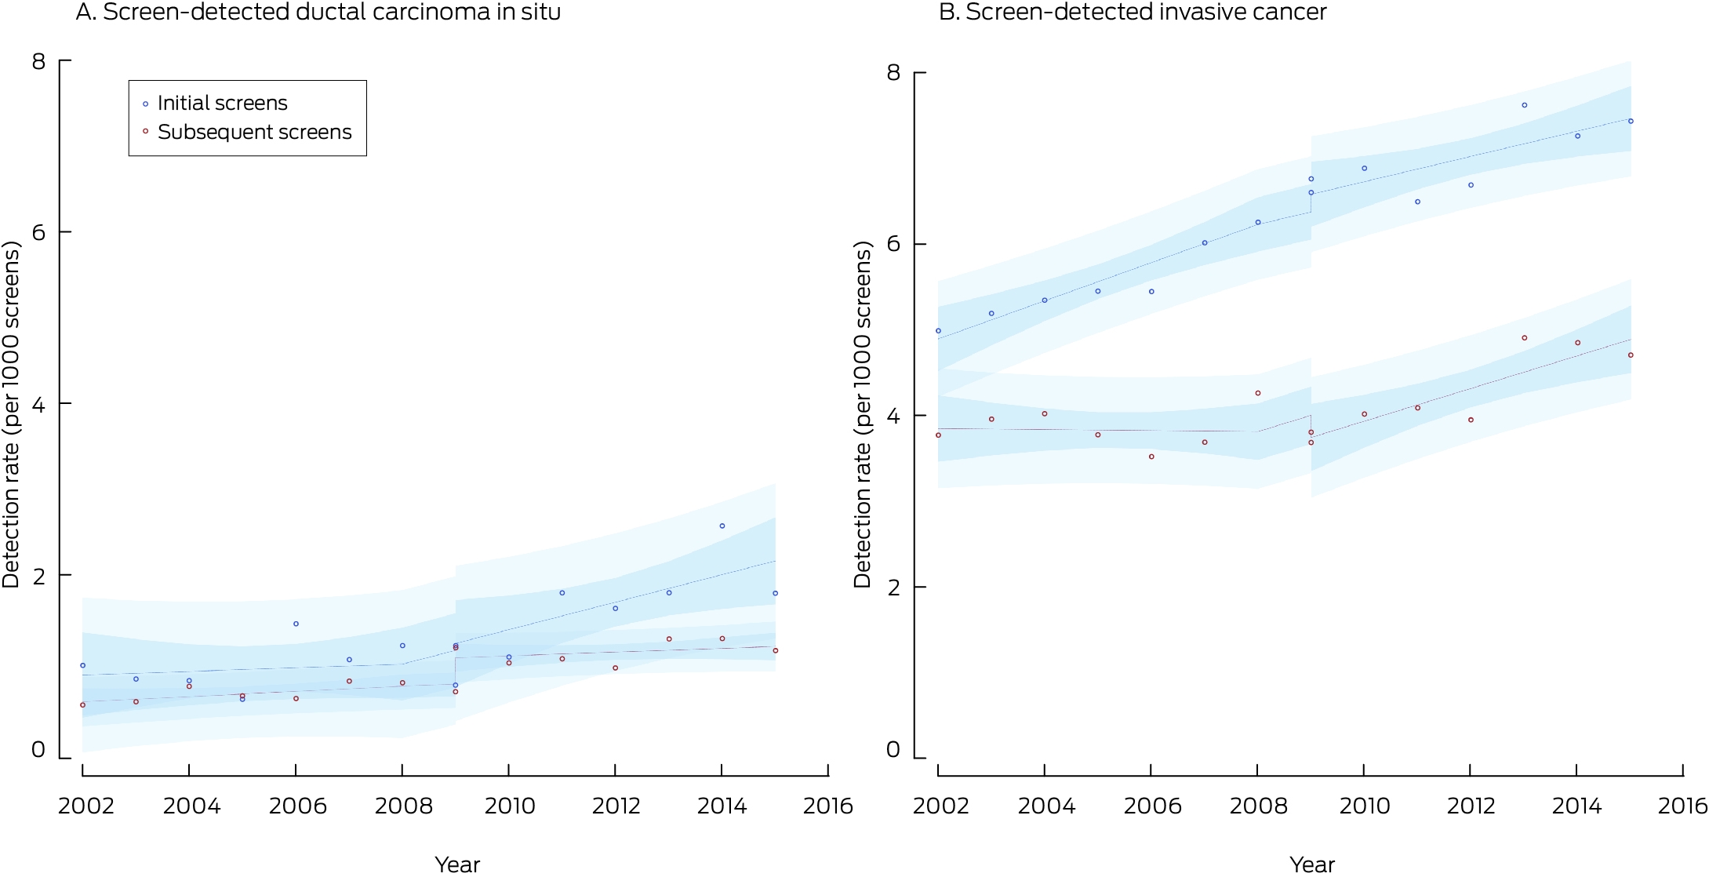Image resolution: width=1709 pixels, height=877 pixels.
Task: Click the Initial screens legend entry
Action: click(215, 103)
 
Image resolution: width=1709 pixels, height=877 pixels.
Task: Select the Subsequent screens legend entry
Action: click(247, 132)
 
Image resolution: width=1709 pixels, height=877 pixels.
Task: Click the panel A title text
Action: click(318, 12)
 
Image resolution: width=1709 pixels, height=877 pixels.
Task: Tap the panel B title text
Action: click(1133, 12)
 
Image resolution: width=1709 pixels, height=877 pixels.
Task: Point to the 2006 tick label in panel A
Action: click(298, 806)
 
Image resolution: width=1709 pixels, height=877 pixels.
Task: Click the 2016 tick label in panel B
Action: click(1682, 806)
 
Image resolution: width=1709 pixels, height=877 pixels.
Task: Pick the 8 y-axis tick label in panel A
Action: click(38, 61)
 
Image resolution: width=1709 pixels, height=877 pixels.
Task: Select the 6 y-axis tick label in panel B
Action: click(893, 244)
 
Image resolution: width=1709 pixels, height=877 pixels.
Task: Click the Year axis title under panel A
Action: click(457, 864)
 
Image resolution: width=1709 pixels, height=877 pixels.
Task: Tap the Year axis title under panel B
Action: click(1312, 864)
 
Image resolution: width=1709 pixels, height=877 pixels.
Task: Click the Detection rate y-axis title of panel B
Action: click(863, 414)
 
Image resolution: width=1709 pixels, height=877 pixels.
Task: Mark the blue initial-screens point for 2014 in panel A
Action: click(722, 526)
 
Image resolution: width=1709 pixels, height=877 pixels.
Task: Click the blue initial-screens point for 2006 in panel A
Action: click(296, 624)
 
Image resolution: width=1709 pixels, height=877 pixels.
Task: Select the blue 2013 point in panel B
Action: click(1525, 105)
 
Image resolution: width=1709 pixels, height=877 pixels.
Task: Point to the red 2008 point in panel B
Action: click(1258, 393)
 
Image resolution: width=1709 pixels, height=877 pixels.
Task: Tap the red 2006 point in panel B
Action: click(1151, 457)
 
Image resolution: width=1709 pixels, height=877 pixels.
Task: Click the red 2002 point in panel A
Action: click(82, 704)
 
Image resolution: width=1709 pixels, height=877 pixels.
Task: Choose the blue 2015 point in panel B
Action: click(1631, 121)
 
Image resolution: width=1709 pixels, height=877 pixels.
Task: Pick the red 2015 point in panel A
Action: click(776, 650)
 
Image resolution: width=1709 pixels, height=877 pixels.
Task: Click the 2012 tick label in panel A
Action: click(616, 806)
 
